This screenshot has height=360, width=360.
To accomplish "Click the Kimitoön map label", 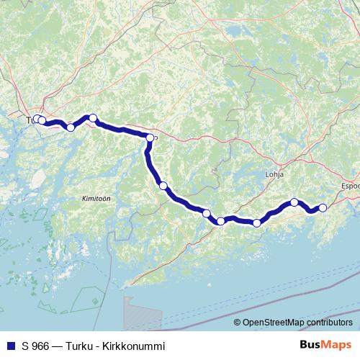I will click(x=95, y=197).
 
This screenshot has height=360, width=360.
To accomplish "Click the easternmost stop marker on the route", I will click(x=323, y=207).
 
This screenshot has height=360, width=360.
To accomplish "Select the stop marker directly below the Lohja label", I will click(x=294, y=202).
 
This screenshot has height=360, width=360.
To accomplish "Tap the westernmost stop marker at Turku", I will click(x=37, y=119).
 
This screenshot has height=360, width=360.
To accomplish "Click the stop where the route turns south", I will click(x=150, y=138).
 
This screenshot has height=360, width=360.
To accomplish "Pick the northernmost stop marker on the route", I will click(x=92, y=117).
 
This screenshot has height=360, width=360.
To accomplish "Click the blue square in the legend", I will click(x=10, y=346).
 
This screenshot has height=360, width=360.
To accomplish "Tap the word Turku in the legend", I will click(x=77, y=346).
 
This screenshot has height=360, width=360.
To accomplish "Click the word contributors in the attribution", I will click(x=330, y=323).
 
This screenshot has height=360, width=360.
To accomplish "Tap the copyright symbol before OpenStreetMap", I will click(x=238, y=323).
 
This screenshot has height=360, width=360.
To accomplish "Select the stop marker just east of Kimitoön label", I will click(x=163, y=186).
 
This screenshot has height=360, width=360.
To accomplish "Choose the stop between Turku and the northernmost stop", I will click(x=70, y=127).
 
